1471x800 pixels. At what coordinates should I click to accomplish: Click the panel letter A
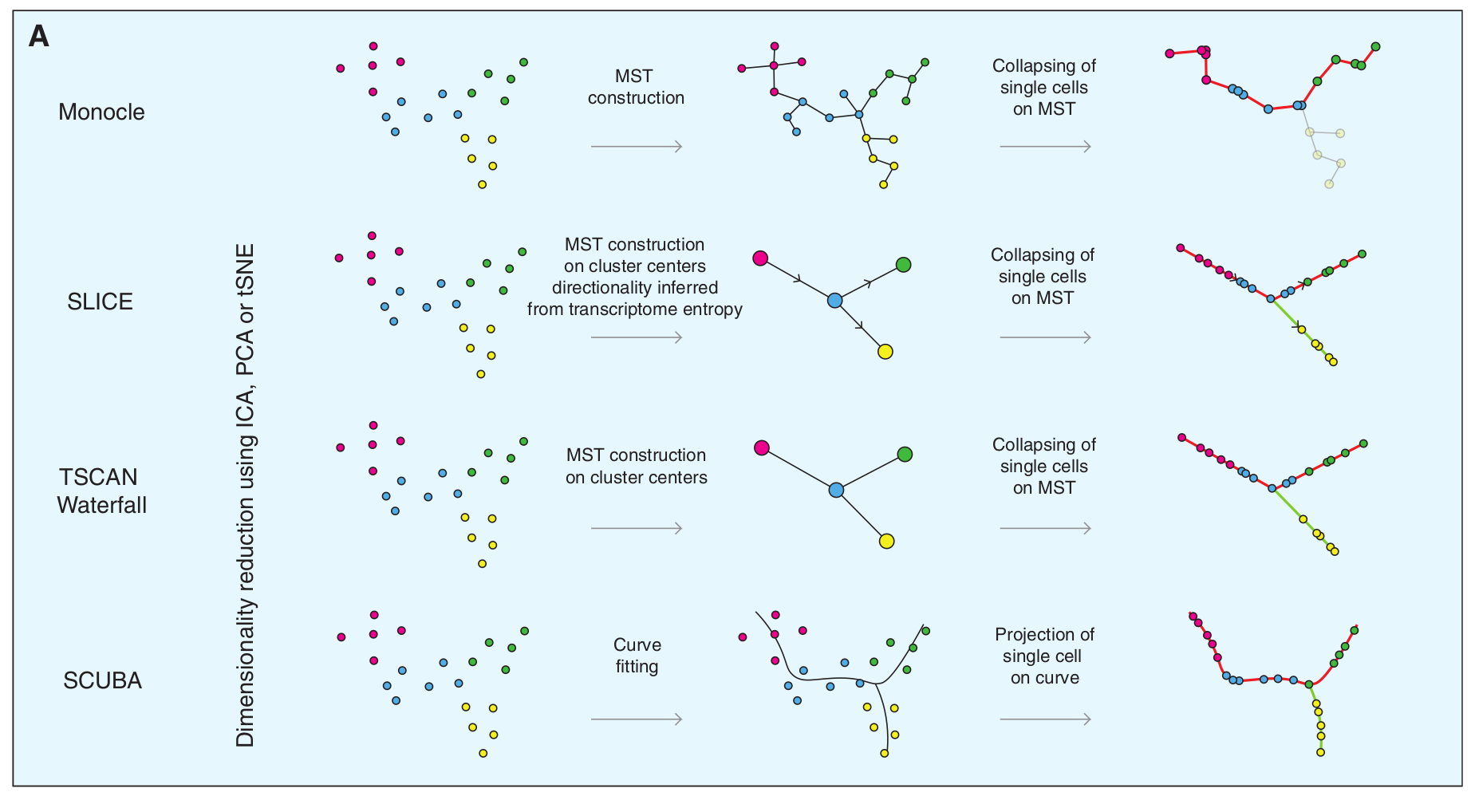(x=38, y=37)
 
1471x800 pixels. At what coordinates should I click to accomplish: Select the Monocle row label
(x=101, y=112)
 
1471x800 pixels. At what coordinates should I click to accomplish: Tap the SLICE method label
(x=100, y=301)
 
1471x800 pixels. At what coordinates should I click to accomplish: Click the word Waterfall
(x=102, y=505)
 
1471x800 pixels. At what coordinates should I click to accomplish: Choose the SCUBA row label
(x=102, y=680)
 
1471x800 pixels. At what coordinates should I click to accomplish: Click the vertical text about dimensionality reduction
(x=245, y=495)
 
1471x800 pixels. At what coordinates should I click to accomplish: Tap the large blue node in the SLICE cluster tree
(x=834, y=301)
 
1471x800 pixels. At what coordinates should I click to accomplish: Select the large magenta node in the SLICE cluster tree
(x=760, y=258)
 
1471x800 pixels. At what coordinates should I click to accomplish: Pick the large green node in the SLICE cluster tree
(x=903, y=264)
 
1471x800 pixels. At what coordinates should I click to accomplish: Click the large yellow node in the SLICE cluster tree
(x=885, y=352)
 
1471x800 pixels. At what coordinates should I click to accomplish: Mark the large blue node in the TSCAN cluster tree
(x=836, y=490)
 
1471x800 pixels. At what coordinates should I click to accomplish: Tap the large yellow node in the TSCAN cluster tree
(x=886, y=541)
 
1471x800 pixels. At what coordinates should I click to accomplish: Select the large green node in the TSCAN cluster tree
(x=905, y=454)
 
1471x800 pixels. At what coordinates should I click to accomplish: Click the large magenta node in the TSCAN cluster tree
(x=762, y=447)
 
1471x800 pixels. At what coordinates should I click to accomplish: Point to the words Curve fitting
(x=637, y=655)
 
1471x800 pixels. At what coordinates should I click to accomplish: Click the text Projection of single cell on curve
(x=1044, y=656)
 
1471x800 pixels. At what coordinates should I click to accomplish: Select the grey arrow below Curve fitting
(x=636, y=719)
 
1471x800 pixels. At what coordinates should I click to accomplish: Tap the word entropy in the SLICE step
(x=710, y=309)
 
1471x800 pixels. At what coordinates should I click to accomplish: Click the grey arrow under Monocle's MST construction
(x=636, y=147)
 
